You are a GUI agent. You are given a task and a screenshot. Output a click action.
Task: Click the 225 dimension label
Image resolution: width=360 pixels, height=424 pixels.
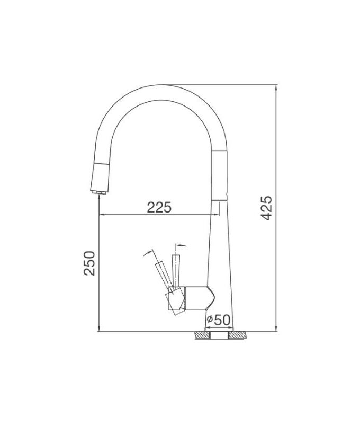pos(159,207)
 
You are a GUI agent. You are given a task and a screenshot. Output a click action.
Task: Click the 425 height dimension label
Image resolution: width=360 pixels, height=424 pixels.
pos(267,208)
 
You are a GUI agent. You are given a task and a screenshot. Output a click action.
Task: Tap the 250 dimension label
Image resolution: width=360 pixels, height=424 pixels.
pos(89,263)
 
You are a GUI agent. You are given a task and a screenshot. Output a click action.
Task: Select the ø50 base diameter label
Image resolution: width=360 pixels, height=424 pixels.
pos(218,320)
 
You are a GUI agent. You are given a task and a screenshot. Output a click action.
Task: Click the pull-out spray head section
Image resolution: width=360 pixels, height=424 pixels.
pos(100,177)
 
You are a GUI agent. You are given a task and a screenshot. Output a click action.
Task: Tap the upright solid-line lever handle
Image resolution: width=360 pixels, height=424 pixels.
pos(176,271)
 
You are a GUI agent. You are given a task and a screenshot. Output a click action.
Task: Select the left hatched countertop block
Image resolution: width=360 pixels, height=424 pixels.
pos(202,335)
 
